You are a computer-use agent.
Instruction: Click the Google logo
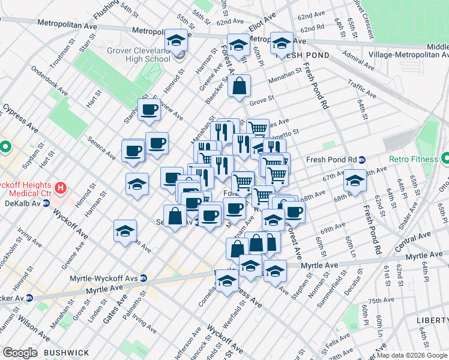pos(20,352)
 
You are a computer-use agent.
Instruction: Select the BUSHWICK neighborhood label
pos(66,352)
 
